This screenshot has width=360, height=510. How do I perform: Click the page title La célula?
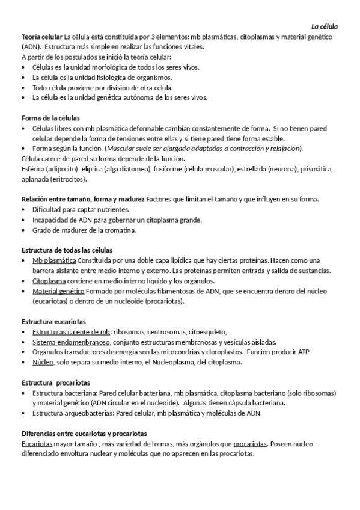click(324, 27)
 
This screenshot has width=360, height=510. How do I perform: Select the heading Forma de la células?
click(50, 118)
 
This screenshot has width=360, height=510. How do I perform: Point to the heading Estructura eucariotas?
click(53, 322)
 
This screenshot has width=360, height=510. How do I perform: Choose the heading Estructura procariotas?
click(56, 382)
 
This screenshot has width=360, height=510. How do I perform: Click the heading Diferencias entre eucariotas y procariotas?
click(84, 434)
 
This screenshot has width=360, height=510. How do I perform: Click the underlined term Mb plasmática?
click(54, 260)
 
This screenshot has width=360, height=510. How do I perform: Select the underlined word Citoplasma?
click(49, 281)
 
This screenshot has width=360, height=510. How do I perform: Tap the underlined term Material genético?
click(58, 291)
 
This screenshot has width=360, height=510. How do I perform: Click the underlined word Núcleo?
click(43, 363)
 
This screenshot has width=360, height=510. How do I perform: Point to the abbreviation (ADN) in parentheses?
click(31, 46)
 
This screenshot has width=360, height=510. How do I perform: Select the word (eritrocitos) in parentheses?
click(67, 179)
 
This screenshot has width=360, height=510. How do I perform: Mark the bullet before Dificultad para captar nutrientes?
click(23, 209)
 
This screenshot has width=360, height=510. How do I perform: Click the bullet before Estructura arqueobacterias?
click(23, 413)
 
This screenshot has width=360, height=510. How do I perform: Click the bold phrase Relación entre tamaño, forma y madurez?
click(83, 199)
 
